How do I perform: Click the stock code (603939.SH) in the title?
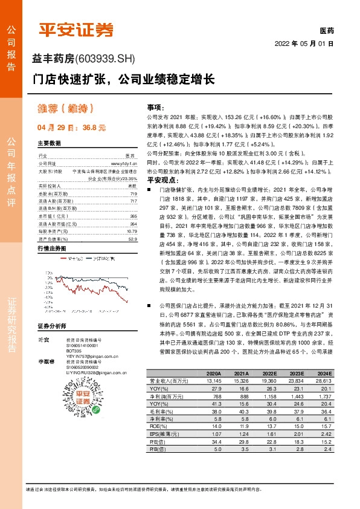coord(106,59)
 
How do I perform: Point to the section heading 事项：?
coord(156,106)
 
